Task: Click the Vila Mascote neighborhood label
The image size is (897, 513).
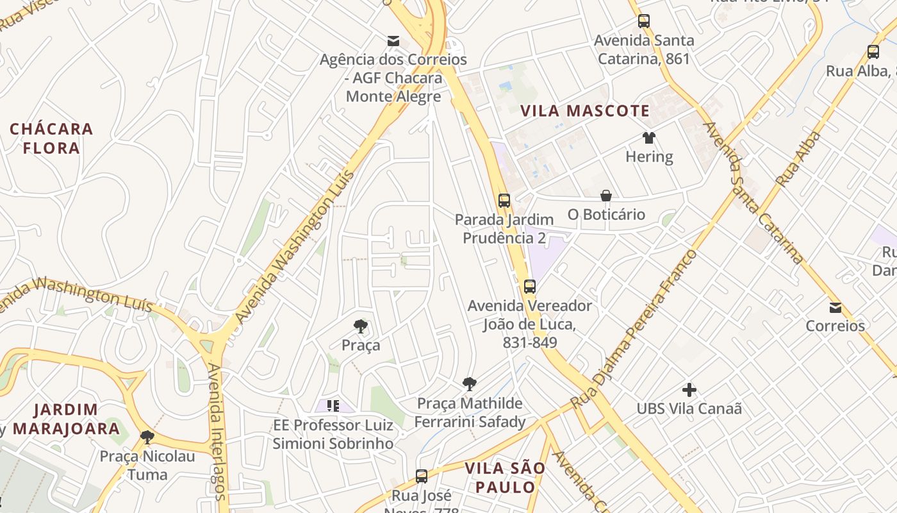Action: pos(585,111)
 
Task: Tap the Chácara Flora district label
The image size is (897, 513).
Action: pos(51,139)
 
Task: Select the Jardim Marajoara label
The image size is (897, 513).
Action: pos(66,419)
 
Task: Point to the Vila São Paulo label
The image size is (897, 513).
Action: pos(505,477)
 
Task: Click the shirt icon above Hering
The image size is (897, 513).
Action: pos(649,138)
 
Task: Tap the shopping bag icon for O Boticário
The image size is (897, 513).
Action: pos(605,196)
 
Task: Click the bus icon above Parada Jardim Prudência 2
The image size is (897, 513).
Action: pos(504,201)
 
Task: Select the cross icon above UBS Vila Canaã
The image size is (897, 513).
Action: pos(689,389)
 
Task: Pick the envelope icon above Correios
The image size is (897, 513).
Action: pos(835,308)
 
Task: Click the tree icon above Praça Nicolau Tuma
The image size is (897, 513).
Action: pos(147,438)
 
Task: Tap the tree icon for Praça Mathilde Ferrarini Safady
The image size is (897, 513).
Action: pos(470,385)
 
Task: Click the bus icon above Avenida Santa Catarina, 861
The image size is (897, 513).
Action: pos(643,21)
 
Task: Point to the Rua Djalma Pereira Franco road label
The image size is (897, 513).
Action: pos(634,327)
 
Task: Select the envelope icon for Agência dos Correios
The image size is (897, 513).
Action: pos(393,42)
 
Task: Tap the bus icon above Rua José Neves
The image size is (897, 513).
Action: pos(421,476)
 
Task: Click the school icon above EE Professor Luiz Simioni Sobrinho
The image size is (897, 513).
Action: pos(333,405)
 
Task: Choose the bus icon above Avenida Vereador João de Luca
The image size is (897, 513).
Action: pos(529,287)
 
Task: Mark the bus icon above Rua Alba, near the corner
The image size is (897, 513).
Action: pos(873,52)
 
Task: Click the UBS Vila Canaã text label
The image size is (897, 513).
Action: pos(689,408)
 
